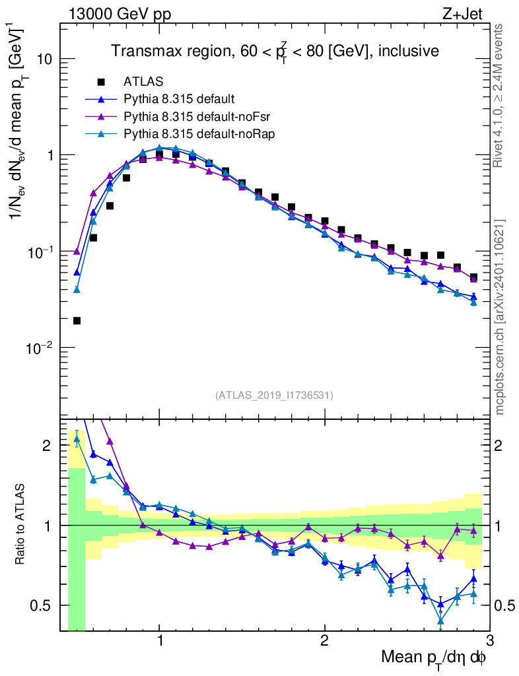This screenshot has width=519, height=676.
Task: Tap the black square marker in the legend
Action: click(x=101, y=83)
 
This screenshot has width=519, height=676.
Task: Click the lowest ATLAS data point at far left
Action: click(x=77, y=321)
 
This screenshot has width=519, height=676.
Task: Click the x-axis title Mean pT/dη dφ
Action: click(x=433, y=658)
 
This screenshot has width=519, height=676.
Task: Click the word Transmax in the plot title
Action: click(x=143, y=51)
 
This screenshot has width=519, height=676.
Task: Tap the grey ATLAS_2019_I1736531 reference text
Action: click(x=274, y=395)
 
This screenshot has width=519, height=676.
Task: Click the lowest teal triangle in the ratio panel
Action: click(x=440, y=621)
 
